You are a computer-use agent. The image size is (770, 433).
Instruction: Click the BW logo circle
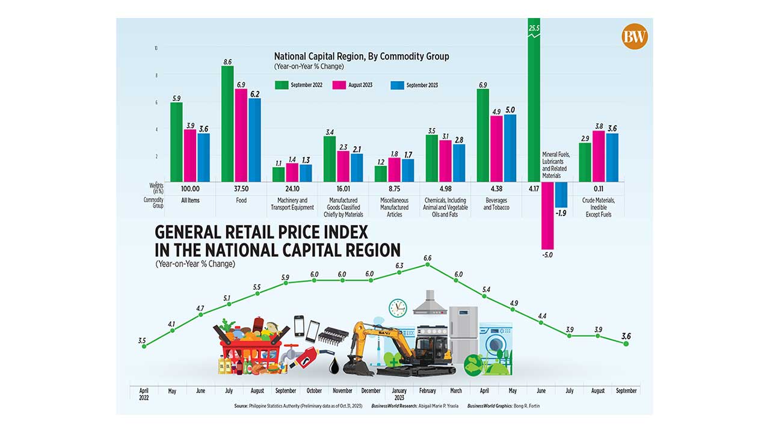click(x=635, y=37)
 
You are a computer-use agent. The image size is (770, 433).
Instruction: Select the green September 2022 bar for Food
click(x=227, y=123)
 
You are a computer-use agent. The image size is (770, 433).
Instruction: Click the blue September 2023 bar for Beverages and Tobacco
click(x=510, y=147)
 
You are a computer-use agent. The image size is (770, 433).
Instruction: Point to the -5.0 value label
click(x=547, y=255)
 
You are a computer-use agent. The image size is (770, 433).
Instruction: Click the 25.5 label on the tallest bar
click(x=534, y=28)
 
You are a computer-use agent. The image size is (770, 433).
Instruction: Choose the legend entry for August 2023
click(x=359, y=85)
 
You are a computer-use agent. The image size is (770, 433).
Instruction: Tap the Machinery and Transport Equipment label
click(x=292, y=204)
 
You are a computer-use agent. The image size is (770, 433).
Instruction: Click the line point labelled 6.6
click(x=428, y=265)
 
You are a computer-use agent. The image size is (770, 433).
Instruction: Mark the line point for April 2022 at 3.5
click(x=143, y=346)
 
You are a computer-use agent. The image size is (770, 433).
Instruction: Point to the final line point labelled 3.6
click(x=627, y=343)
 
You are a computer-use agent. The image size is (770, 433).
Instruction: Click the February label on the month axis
click(x=428, y=391)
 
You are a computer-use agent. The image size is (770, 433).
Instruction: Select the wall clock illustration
click(x=398, y=308)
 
